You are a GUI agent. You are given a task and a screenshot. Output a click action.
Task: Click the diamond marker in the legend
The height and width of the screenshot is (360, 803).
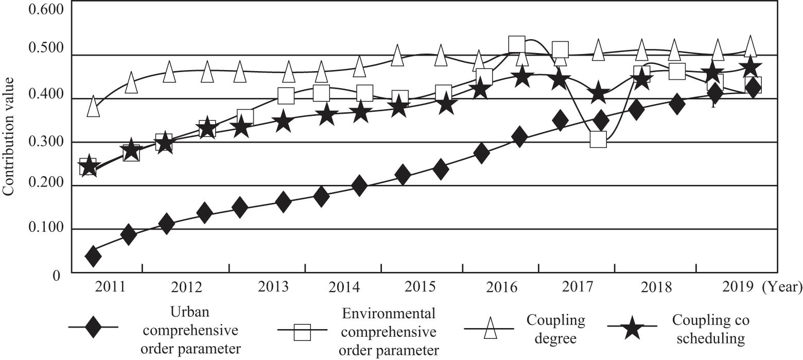click(93, 327)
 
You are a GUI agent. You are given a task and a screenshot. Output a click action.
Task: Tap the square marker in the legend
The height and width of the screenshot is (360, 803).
click(303, 332)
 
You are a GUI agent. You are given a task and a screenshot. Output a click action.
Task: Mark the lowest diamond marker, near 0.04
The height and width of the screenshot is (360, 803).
click(93, 256)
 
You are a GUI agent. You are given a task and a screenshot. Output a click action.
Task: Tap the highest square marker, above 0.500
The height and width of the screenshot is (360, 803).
click(516, 44)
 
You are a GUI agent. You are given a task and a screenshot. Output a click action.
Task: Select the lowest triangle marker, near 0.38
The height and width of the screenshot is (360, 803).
click(93, 106)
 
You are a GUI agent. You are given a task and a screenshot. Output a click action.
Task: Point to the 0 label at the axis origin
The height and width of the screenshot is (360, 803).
click(57, 276)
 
